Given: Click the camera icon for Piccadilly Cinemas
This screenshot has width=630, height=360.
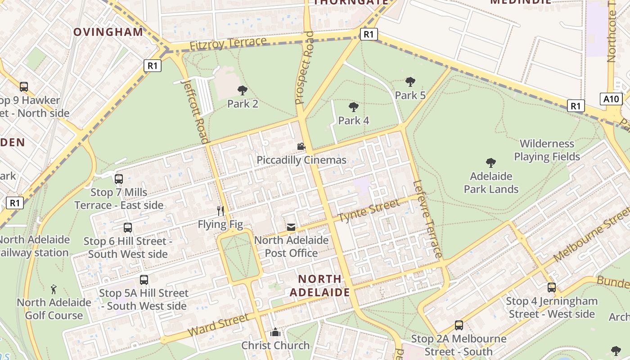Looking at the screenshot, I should click(x=301, y=147).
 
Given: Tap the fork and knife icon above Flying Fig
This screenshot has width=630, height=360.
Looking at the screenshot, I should click(x=220, y=211).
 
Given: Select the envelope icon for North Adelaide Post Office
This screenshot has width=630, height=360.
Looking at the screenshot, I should click(x=291, y=227).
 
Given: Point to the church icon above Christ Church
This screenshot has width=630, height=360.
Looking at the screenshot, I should click(x=275, y=333).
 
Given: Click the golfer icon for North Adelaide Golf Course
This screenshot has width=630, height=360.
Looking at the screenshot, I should click(x=54, y=289).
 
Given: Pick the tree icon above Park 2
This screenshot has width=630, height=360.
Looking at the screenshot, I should click(x=243, y=90).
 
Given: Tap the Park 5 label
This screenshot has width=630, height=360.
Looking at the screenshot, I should click(x=410, y=95).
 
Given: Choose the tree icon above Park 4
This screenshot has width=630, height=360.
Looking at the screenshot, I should click(x=354, y=107).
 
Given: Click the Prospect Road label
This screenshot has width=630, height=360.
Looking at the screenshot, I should click(x=304, y=67).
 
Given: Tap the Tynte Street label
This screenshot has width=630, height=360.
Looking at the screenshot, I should click(x=369, y=211).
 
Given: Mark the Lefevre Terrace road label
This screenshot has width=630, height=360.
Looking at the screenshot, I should click(x=427, y=219).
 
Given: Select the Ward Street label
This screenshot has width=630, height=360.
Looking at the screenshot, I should click(x=218, y=325).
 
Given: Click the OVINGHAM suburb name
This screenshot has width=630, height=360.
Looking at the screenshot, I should click(x=108, y=32).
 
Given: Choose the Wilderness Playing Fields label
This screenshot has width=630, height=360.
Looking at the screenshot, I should click(x=547, y=150).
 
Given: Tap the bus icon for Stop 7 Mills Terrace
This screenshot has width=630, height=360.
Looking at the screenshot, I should click(x=119, y=179).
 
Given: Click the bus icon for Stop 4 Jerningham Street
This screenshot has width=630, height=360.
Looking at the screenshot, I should click(x=552, y=288).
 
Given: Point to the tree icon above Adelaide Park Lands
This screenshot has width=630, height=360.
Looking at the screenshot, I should click(x=491, y=163).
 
